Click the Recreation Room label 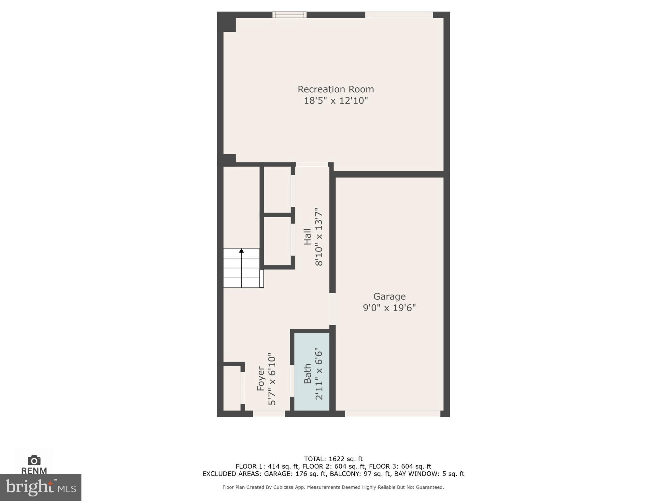pos(335,89)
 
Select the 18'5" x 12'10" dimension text pos(335,100)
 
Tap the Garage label pos(389,296)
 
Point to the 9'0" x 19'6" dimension pos(389,308)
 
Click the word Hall pos(307,236)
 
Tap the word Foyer pos(261,378)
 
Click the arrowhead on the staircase pos(241,250)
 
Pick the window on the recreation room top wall pos(290,15)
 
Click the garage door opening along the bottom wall pos(392,414)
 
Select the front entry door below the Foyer pos(269,414)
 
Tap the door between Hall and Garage pos(332,309)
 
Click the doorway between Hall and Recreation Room pos(312,164)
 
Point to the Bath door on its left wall pos(292,380)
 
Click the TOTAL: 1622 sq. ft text pos(333,459)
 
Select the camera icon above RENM pos(34,461)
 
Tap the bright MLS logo pos(41,488)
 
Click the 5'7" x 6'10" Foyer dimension pos(272,378)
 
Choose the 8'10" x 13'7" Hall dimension pos(319,236)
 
